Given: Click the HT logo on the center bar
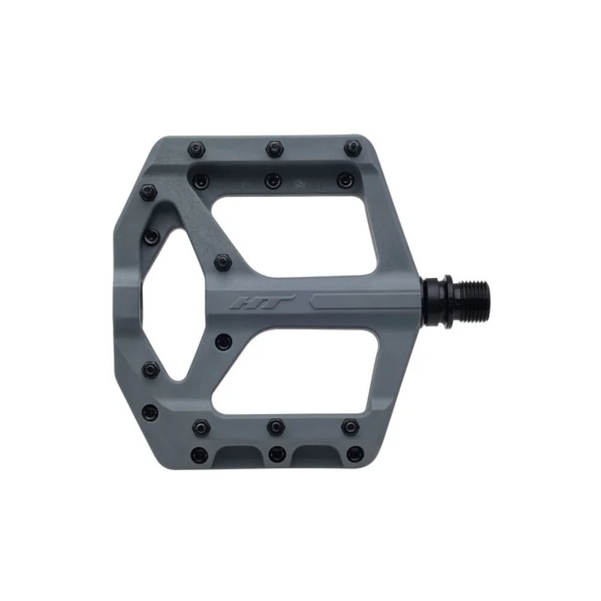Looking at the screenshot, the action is (262, 302).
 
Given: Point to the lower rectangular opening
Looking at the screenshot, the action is (293, 370).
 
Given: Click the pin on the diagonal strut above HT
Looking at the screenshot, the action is (223, 262).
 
